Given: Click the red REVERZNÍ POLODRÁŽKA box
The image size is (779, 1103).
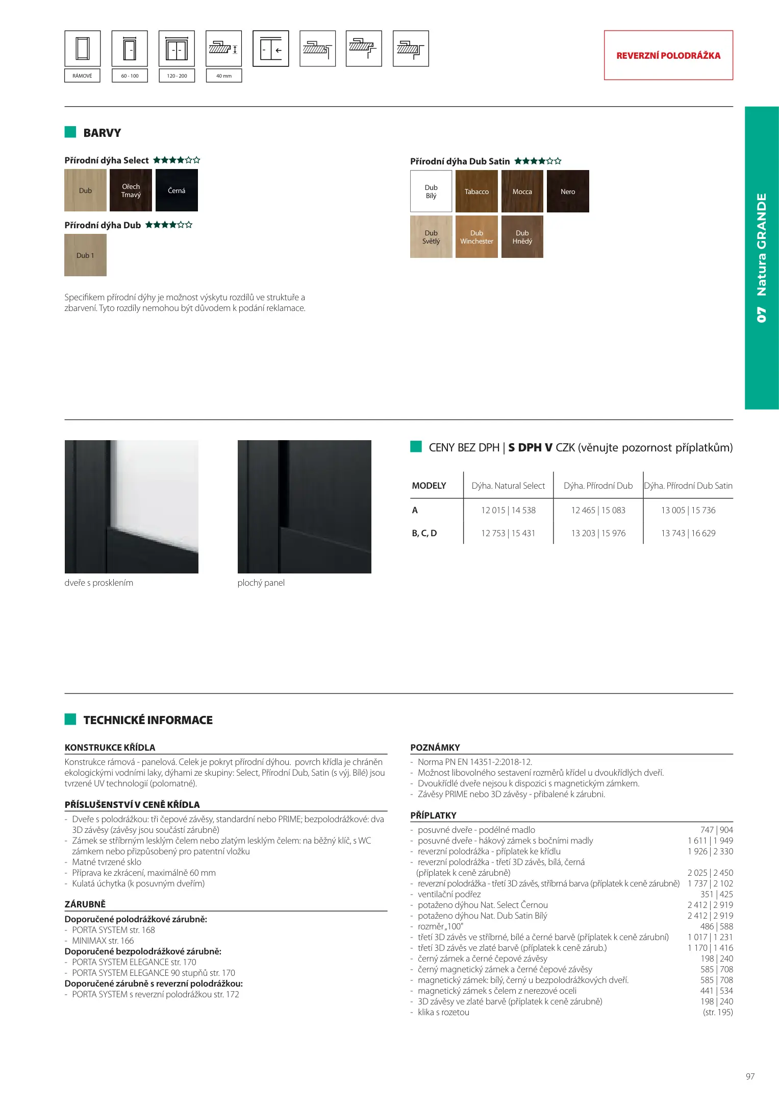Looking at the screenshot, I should click(668, 55).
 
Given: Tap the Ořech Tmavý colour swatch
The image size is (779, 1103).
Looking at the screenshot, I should click(131, 190).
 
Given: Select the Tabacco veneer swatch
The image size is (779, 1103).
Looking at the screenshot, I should click(476, 191).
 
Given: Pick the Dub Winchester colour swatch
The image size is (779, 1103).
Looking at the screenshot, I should click(476, 237).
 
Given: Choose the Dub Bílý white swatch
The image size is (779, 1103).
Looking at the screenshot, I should click(431, 191).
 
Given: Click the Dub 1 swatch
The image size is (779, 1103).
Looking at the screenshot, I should click(85, 255).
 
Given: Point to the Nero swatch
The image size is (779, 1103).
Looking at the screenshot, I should click(568, 191).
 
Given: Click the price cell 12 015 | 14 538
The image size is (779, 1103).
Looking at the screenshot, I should click(508, 510).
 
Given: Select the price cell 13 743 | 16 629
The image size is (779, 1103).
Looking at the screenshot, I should click(688, 533).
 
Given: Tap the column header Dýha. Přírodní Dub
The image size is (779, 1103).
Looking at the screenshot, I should click(598, 486).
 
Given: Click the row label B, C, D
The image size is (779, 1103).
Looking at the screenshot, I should click(424, 533).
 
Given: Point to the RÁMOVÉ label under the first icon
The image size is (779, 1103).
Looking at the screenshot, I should click(82, 76).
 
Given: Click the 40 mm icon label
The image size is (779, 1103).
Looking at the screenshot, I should click(223, 76).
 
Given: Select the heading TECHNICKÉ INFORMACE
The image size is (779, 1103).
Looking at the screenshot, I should click(148, 720).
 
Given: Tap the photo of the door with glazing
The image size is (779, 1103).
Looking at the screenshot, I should click(131, 507).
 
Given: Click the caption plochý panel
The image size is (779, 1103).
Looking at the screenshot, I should click(261, 583).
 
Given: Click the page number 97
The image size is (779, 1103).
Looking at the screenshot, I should click(750, 1076).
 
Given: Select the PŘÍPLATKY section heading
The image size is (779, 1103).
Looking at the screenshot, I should click(433, 816).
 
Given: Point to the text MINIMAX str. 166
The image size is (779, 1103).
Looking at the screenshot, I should click(103, 941).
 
